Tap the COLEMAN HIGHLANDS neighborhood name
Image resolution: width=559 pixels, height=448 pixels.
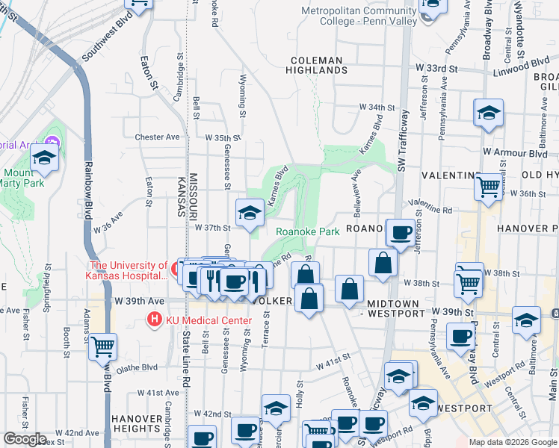(x=317, y=65)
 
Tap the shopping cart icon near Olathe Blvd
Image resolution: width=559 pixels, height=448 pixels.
(x=103, y=346)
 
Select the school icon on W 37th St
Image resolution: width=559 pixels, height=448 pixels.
(x=250, y=214)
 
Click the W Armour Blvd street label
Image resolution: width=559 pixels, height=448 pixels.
(x=515, y=152)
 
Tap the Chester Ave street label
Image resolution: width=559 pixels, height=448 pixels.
(x=157, y=137)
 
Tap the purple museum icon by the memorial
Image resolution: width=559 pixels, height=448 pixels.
(x=52, y=142)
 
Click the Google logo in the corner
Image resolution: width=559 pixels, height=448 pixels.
(x=24, y=439)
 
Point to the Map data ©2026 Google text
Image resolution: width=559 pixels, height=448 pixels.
(x=513, y=442)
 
